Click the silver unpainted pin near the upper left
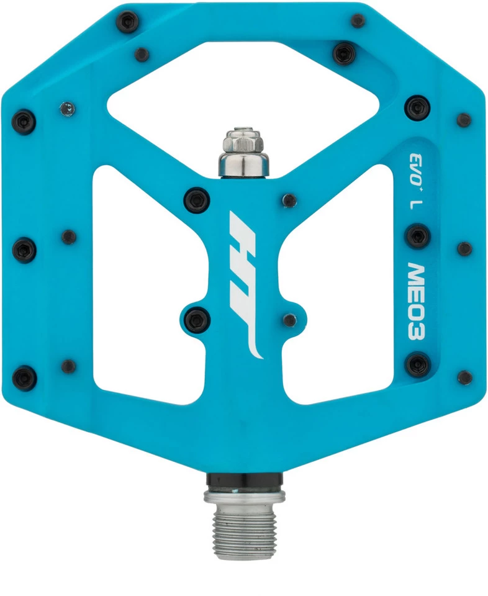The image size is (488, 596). tap(66, 109)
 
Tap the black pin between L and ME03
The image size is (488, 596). tap(417, 236)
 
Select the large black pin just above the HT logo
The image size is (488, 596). tap(198, 199)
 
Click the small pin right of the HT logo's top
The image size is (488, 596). tap(289, 200)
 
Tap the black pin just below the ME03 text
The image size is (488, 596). tap(417, 363)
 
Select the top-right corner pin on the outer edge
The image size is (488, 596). tap(358, 20)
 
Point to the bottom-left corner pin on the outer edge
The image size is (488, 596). tap(25, 378)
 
